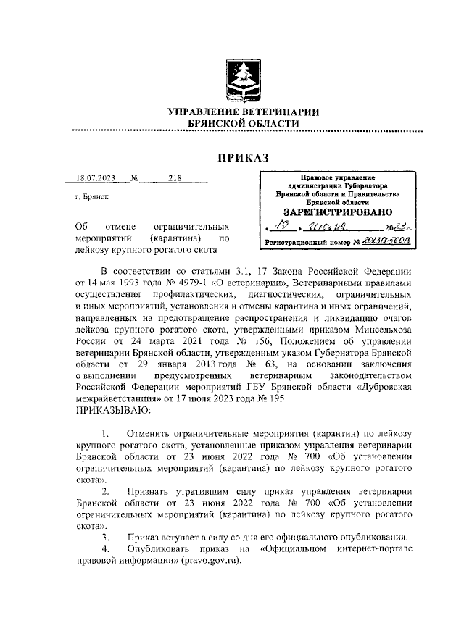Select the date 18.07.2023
[x=95, y=180]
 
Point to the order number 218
[x=175, y=180]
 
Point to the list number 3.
[x=106, y=537]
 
